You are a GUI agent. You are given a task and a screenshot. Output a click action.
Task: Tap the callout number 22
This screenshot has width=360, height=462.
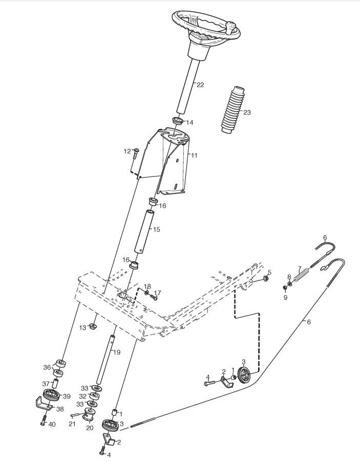[200, 85]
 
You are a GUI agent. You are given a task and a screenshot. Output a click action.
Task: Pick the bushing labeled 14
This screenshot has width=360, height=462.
[178, 121]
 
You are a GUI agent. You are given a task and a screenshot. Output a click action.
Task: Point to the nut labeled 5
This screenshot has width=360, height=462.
[266, 278]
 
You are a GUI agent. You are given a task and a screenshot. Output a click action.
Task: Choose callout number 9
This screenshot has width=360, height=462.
[285, 297]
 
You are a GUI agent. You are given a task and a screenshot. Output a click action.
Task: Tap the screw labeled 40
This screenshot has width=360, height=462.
[44, 423]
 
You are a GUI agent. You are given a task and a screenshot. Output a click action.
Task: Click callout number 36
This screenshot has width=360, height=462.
[47, 367]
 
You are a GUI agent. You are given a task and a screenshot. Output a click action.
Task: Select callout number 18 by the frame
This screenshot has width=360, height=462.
[147, 286]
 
